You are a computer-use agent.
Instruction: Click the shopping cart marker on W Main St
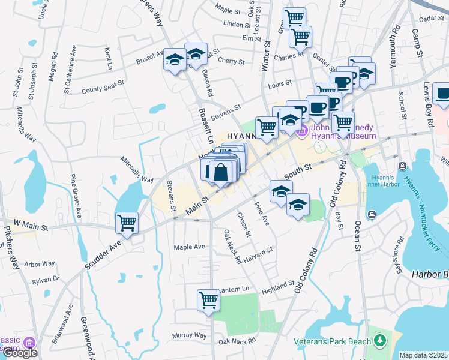point(127,223)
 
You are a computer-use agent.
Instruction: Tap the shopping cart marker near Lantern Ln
point(208,299)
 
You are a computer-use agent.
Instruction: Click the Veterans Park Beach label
point(333,341)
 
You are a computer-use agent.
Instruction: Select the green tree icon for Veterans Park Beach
point(379,341)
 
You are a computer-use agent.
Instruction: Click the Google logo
point(19,352)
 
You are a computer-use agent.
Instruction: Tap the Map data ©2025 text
point(424,355)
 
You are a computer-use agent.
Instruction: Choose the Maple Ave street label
point(189,247)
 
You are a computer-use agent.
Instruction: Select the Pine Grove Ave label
point(77,196)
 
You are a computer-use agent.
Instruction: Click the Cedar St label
point(430,19)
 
